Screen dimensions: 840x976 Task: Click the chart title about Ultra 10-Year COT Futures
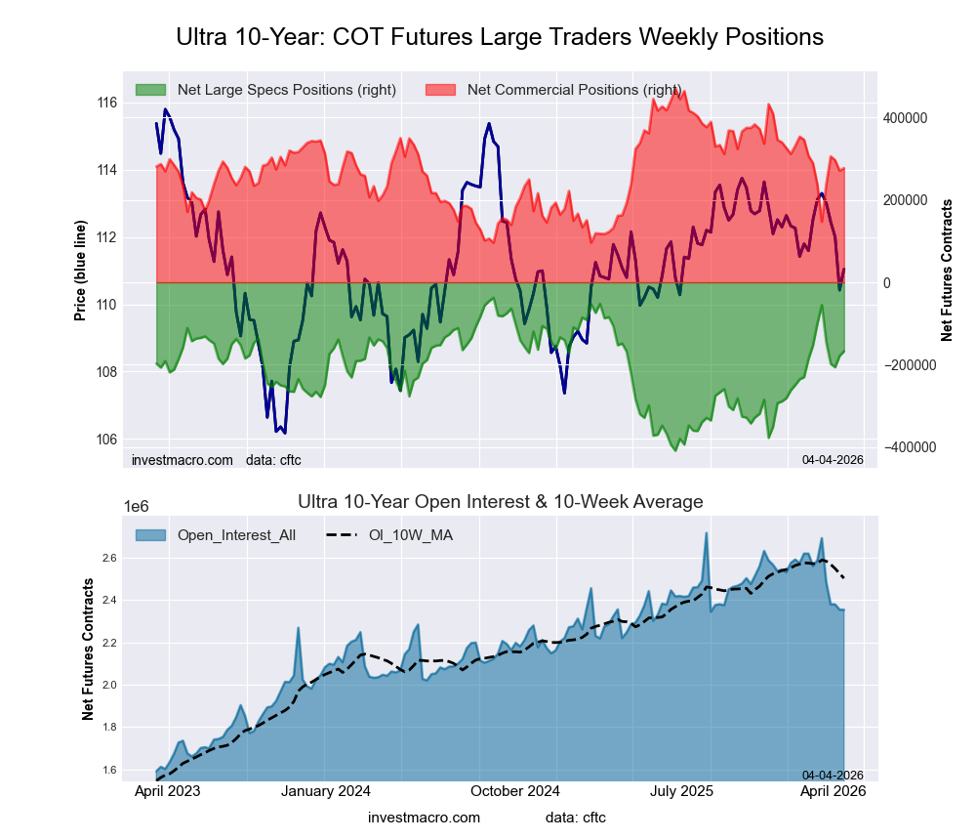point(500,37)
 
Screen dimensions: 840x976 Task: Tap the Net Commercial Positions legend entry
point(574,90)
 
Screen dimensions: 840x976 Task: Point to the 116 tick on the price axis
point(107,103)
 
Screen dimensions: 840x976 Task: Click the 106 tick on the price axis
point(107,440)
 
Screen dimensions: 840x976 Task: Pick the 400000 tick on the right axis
point(905,118)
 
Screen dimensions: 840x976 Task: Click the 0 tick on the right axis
point(887,283)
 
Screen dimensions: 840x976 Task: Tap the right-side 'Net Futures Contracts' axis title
point(947,270)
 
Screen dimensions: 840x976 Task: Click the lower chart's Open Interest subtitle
point(500,502)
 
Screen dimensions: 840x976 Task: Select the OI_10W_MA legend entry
point(411,534)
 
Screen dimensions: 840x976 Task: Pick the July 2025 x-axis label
point(682,791)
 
